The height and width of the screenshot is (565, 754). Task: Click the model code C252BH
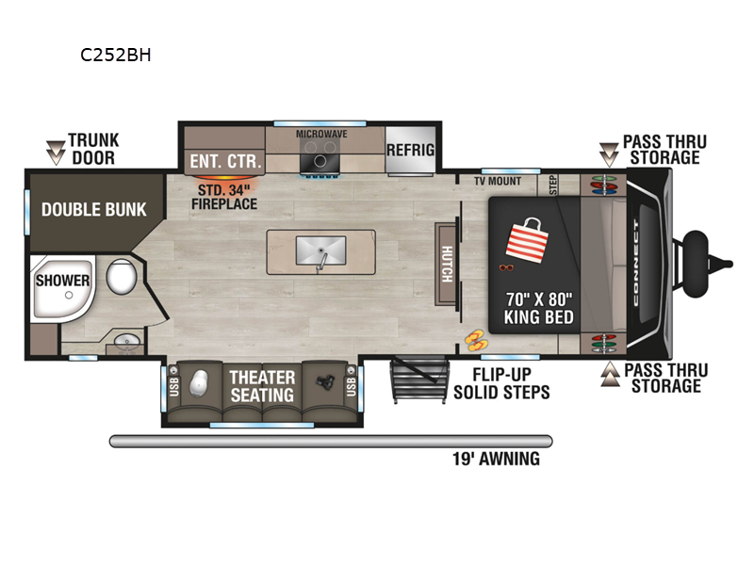pyautogui.click(x=116, y=55)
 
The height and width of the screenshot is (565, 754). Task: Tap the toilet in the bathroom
pyautogui.click(x=120, y=278)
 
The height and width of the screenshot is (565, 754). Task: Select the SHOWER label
pyautogui.click(x=63, y=281)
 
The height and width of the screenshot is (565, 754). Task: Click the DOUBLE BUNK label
pyautogui.click(x=94, y=209)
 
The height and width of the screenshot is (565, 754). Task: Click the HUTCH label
pyautogui.click(x=447, y=265)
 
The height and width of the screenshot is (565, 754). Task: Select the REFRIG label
pyautogui.click(x=411, y=150)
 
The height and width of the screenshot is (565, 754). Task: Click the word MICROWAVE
pyautogui.click(x=321, y=134)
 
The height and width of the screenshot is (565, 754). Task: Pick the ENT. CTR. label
pyautogui.click(x=224, y=161)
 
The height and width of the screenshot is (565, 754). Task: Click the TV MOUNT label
pyautogui.click(x=498, y=181)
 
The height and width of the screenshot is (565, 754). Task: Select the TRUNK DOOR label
pyautogui.click(x=92, y=150)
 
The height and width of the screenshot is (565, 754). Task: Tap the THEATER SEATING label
pyautogui.click(x=262, y=386)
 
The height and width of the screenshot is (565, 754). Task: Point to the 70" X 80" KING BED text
pyautogui.click(x=539, y=308)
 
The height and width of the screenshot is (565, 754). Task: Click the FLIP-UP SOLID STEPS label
pyautogui.click(x=501, y=382)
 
